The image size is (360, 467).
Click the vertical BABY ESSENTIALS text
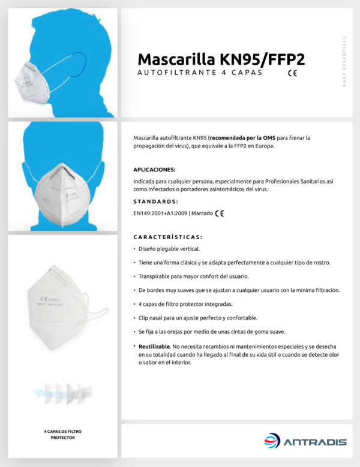344,62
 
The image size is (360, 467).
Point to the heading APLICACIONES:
154,170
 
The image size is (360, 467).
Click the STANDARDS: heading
155,201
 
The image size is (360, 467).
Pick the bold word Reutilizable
154,347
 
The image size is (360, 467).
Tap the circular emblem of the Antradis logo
272,442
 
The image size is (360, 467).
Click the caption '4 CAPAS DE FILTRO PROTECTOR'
62,434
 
